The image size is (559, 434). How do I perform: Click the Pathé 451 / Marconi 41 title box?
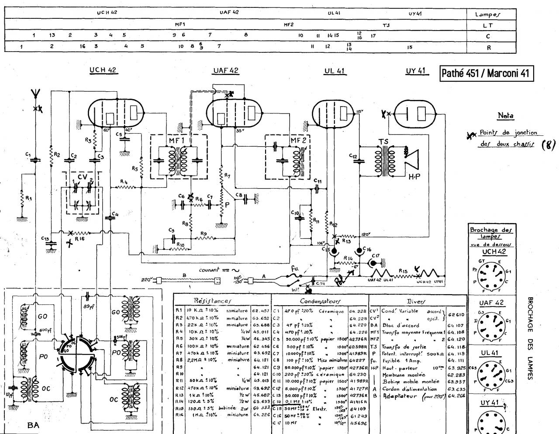click(x=487, y=73)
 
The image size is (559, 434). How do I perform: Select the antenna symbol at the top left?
click(x=36, y=93)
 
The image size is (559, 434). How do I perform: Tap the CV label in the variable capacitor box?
click(x=82, y=177)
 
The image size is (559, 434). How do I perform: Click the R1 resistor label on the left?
click(x=28, y=198)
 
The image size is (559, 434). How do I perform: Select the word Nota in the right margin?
click(x=505, y=116)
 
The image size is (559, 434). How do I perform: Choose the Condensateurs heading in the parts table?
click(x=321, y=301)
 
